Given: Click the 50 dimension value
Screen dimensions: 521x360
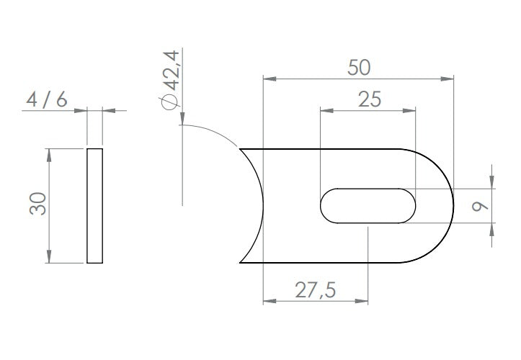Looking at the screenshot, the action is point(359,68).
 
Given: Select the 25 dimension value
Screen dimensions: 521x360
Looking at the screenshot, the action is point(370,99).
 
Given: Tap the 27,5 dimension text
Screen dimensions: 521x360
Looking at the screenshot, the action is point(316,290).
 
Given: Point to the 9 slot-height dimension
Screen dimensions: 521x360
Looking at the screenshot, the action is point(480,206).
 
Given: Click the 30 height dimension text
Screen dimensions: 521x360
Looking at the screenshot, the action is point(38,204).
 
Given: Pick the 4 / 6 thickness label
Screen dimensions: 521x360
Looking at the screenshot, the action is point(47,99).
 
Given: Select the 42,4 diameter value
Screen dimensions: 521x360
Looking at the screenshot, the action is point(172,71).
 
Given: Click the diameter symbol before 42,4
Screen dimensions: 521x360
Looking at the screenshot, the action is point(170,102).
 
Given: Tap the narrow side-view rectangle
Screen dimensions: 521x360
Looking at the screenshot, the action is point(94,206).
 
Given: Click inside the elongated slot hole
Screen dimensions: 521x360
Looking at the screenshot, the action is point(368,206).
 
